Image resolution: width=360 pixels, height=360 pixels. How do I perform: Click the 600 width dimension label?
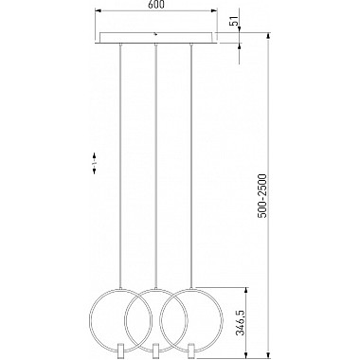coord(156,8)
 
